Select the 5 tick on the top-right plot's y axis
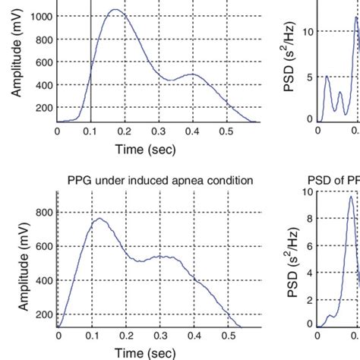click(308, 77)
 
